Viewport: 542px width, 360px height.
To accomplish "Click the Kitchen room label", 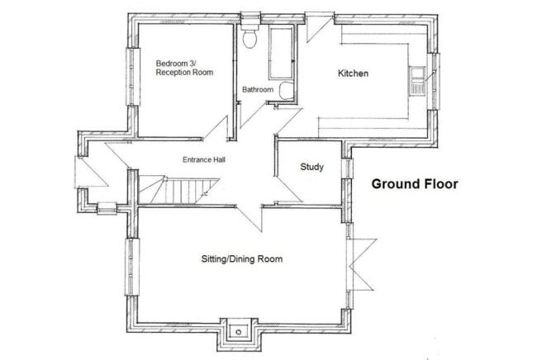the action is (x=353, y=73).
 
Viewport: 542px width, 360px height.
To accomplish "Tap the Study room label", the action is (x=311, y=167).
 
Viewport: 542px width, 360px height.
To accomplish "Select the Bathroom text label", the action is (x=258, y=89).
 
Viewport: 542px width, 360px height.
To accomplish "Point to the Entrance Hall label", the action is (x=204, y=159).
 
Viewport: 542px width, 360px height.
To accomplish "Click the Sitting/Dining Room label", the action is (x=242, y=258).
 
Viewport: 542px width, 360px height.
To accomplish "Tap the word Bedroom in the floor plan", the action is (x=172, y=64).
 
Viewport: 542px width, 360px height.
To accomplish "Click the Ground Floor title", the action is (x=415, y=184).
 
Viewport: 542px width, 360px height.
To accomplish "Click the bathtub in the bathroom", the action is (x=282, y=53).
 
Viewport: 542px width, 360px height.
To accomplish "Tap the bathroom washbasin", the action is (x=286, y=91).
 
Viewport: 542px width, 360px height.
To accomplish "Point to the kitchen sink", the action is (x=417, y=81).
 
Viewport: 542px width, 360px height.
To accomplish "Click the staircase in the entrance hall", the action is (x=179, y=189).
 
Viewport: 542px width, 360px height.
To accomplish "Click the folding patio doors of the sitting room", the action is (x=360, y=265).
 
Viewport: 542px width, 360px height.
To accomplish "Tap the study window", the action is (x=347, y=168).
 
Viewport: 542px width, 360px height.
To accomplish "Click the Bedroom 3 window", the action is (x=133, y=76).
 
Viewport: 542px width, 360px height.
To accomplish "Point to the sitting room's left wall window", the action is (x=132, y=267).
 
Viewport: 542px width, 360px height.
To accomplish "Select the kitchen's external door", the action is (x=320, y=27).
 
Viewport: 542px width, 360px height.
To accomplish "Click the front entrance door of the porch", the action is (x=91, y=172).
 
